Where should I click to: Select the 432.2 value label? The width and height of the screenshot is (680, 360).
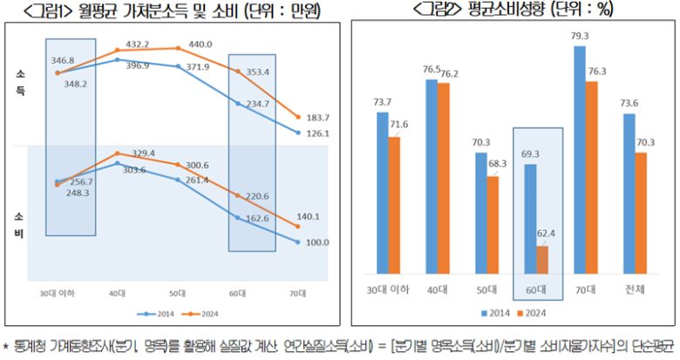click(x=138, y=44)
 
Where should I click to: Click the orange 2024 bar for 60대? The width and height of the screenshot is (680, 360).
click(x=542, y=260)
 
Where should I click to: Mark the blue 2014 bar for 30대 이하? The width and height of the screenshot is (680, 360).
click(x=382, y=193)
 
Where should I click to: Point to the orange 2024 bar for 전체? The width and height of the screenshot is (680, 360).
click(x=642, y=214)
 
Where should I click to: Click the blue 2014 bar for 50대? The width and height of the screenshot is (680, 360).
click(x=481, y=214)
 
